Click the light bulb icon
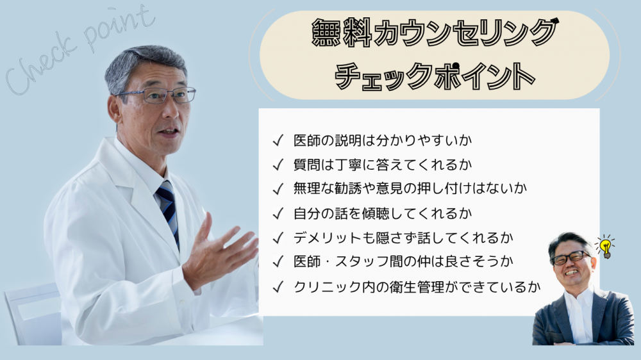606,247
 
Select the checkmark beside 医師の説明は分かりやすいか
278,140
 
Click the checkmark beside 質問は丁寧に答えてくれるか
278,165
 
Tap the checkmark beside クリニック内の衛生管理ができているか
278,287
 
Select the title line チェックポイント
435,76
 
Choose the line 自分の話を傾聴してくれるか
383,213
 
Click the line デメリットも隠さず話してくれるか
403,238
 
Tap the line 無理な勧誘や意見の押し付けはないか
410,188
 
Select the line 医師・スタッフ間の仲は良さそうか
403,261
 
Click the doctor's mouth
169,132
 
